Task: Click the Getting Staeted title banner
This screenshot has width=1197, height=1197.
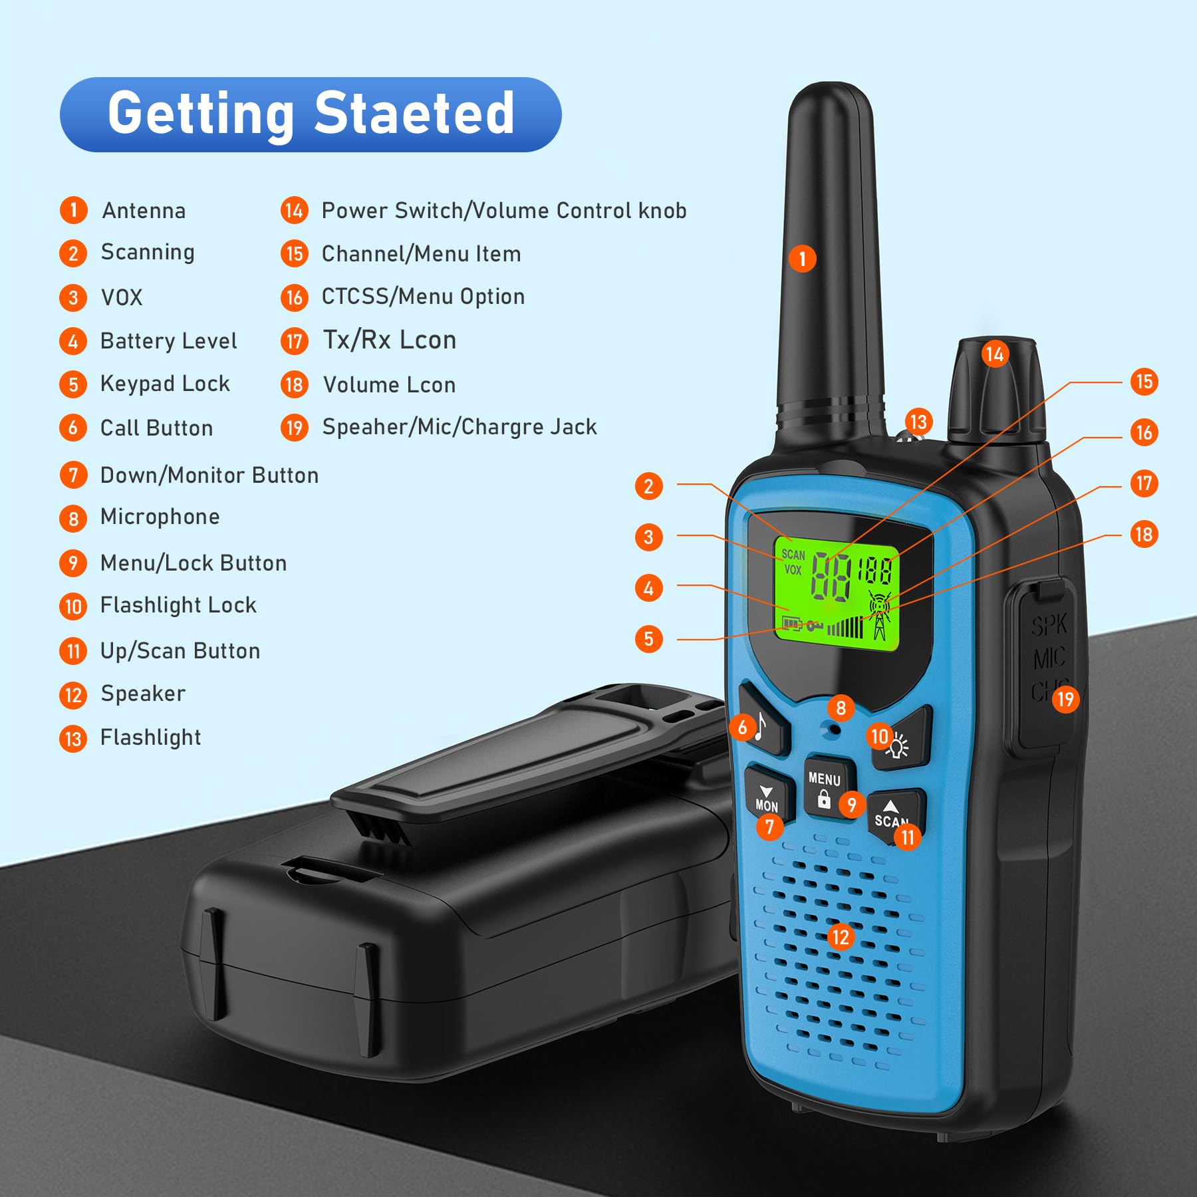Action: click(311, 114)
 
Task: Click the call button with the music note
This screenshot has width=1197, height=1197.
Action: click(763, 722)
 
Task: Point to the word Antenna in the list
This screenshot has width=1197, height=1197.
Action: click(144, 211)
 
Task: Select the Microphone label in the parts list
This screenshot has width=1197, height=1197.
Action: click(160, 517)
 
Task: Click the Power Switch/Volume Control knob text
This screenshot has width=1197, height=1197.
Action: click(503, 211)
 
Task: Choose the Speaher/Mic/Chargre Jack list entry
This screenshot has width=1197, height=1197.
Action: click(459, 427)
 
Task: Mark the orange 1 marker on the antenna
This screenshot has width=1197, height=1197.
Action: click(803, 259)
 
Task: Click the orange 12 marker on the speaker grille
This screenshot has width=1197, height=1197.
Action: click(841, 937)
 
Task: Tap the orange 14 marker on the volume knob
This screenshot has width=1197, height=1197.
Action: click(995, 354)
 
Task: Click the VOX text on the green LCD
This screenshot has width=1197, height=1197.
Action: click(793, 569)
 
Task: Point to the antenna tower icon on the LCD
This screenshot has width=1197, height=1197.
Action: click(879, 615)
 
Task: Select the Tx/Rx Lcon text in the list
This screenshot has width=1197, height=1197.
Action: click(390, 340)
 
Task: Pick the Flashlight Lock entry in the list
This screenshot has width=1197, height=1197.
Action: click(178, 605)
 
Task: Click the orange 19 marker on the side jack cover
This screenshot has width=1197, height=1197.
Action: click(1065, 699)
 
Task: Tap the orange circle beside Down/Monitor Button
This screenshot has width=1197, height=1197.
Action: click(73, 475)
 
